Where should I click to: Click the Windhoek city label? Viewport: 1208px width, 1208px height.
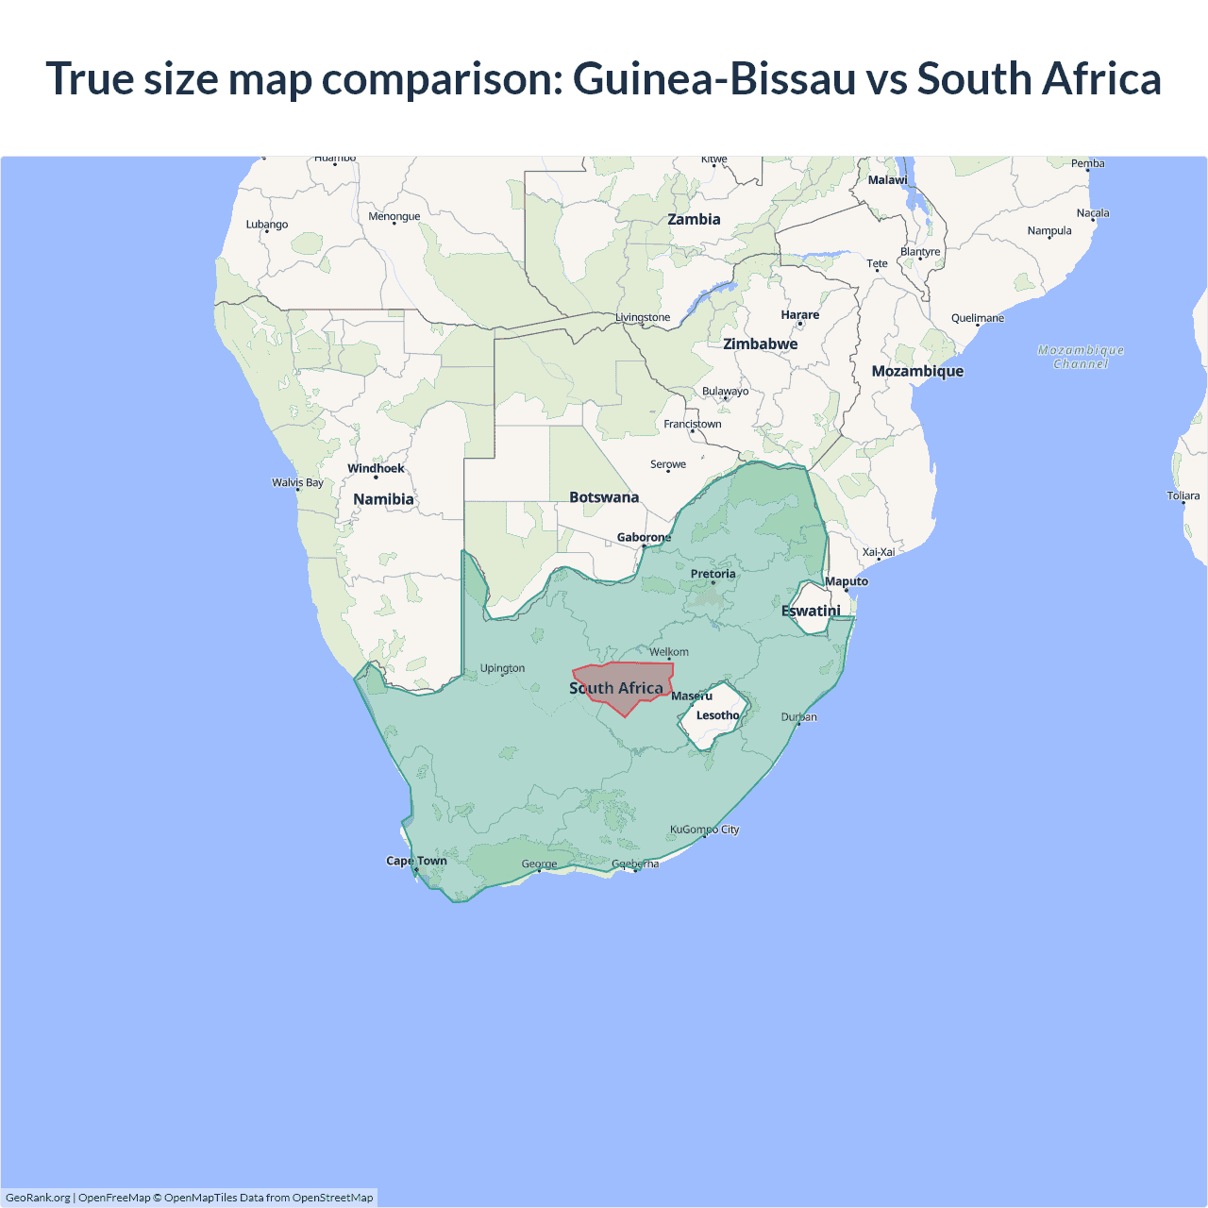[x=376, y=468]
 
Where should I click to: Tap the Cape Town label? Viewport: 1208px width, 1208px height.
[x=416, y=861]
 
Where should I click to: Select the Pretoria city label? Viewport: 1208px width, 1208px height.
[x=713, y=574]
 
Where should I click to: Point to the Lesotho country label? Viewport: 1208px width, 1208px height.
[x=717, y=715]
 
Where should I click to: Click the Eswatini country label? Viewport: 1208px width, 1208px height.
[x=811, y=611]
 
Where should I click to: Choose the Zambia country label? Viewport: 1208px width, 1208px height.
[x=694, y=219]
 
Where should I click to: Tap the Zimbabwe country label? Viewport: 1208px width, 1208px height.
[x=760, y=344]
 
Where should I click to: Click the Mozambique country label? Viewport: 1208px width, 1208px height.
[x=917, y=371]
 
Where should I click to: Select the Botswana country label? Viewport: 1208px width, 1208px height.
[x=604, y=497]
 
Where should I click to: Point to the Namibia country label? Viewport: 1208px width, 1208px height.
[x=383, y=499]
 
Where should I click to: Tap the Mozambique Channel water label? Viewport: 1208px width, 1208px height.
[x=1081, y=357]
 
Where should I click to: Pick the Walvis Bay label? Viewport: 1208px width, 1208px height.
[x=297, y=482]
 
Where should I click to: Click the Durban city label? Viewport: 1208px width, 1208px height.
[x=799, y=717]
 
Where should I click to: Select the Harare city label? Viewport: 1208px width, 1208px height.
[x=799, y=315]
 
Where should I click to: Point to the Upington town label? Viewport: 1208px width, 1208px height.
[x=502, y=668]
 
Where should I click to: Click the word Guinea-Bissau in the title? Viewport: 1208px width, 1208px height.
[x=713, y=78]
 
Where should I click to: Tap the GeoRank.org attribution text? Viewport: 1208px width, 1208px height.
[x=38, y=1198]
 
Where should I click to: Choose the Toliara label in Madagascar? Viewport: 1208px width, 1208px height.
[x=1183, y=495]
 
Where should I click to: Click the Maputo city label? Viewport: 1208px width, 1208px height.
[x=847, y=581]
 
